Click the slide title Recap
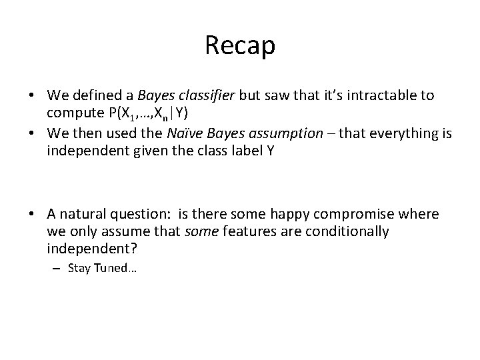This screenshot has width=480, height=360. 239,45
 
